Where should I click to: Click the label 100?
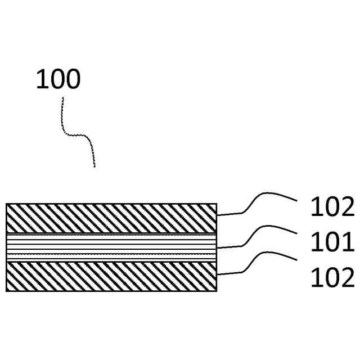click(x=58, y=79)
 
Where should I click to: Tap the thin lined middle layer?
click(x=111, y=246)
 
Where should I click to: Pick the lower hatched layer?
click(x=111, y=276)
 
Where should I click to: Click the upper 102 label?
click(x=332, y=208)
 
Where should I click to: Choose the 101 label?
click(x=332, y=243)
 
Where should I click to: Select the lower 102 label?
click(x=332, y=278)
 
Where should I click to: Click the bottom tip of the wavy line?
click(x=94, y=166)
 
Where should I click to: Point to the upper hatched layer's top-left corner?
click(x=6, y=204)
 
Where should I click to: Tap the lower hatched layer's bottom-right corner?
click(x=217, y=291)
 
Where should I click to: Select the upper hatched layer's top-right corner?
click(x=217, y=204)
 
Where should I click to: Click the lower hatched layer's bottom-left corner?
click(x=6, y=291)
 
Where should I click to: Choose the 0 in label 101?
click(x=332, y=243)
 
